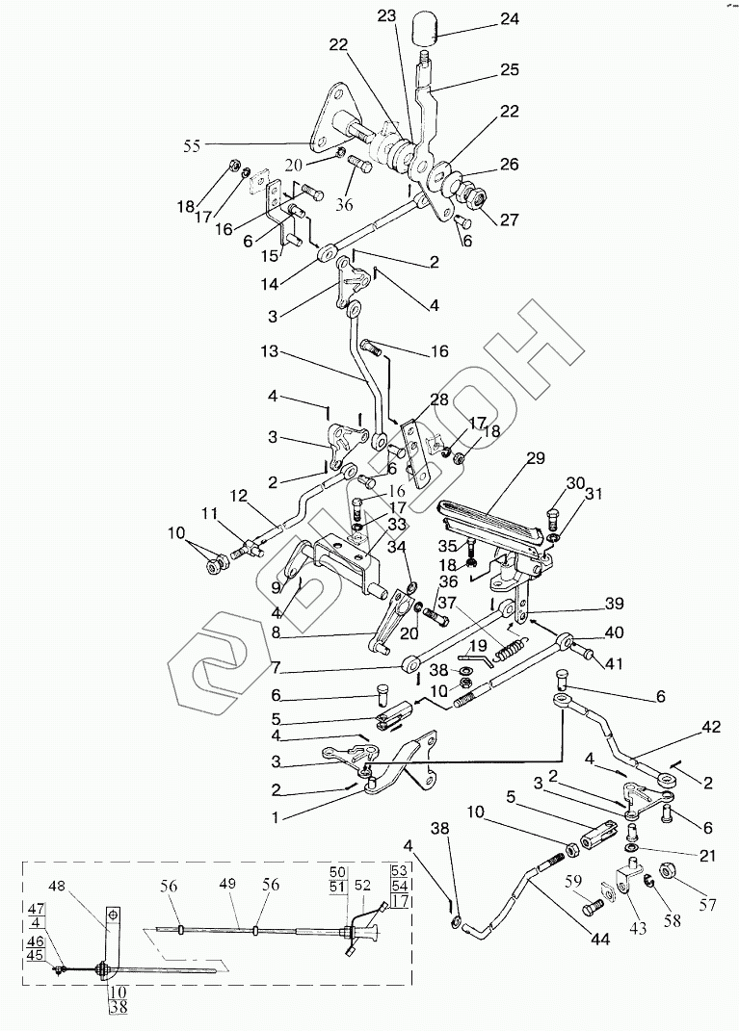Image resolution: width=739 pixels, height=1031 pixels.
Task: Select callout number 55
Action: tap(194, 146)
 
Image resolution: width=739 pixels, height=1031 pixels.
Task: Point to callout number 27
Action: tap(508, 220)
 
